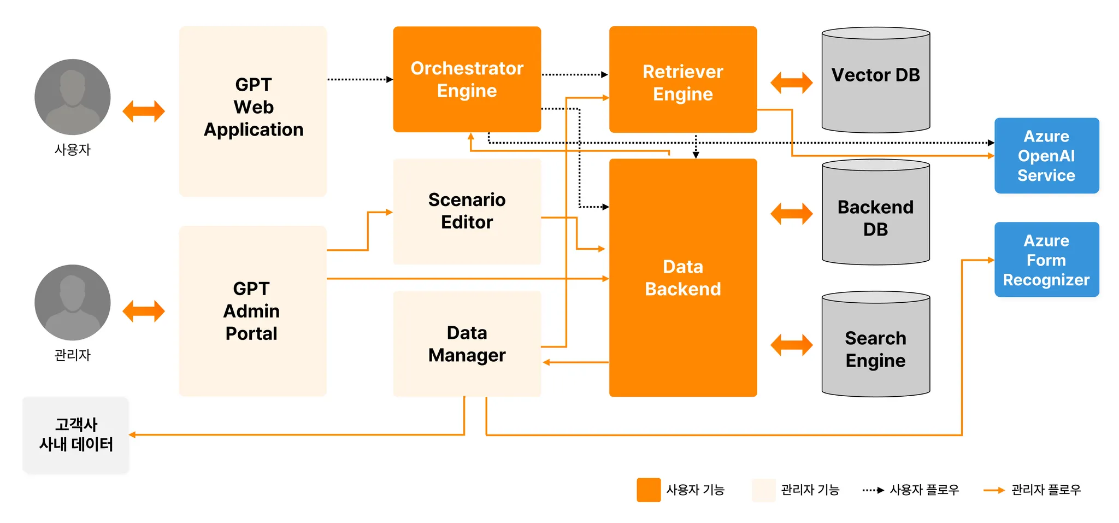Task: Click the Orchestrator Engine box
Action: (x=467, y=79)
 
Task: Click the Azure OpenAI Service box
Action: (x=1046, y=156)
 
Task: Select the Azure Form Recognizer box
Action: (x=1046, y=260)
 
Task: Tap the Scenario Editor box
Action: (x=467, y=211)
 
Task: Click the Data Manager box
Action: (x=467, y=344)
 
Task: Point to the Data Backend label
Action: (x=682, y=278)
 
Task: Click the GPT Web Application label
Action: (x=254, y=107)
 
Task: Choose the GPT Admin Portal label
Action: (x=251, y=311)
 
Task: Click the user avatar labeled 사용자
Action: (x=73, y=97)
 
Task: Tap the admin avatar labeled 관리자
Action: (x=73, y=303)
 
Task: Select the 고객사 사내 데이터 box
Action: (x=76, y=435)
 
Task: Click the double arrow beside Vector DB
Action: (x=791, y=83)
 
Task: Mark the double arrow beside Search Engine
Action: (x=791, y=345)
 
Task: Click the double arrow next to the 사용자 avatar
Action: (x=144, y=111)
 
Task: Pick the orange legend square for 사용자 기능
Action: (x=649, y=490)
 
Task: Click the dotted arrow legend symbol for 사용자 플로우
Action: (x=873, y=490)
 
